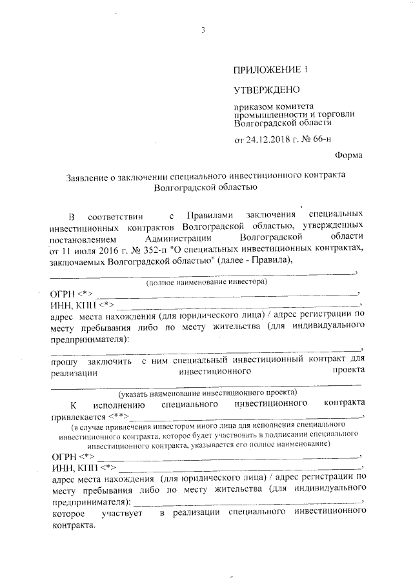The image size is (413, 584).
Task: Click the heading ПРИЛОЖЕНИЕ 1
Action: tap(267, 69)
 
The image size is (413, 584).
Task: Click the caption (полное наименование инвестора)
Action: tap(206, 282)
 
